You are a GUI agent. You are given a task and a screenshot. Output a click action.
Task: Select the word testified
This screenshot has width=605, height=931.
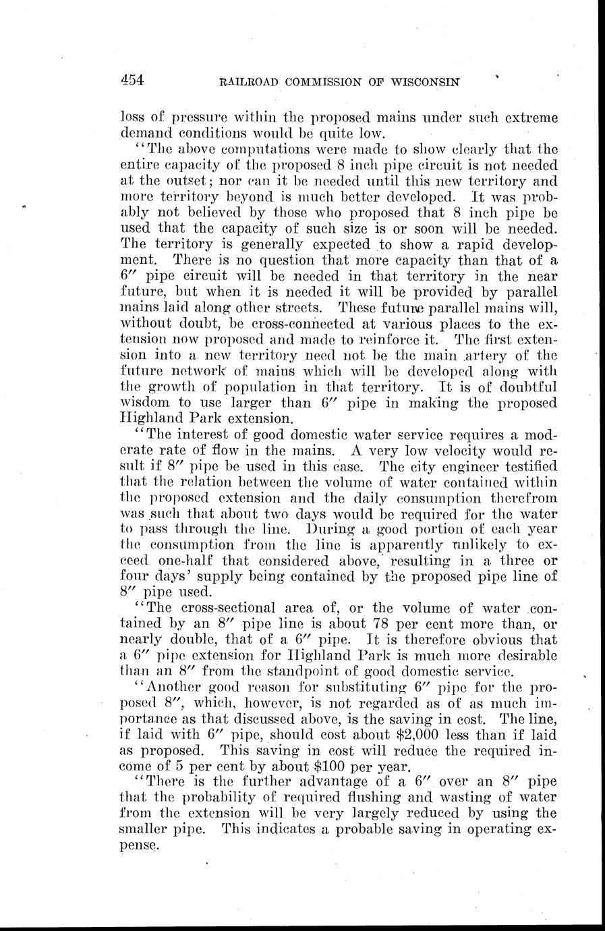pyautogui.click(x=526, y=466)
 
